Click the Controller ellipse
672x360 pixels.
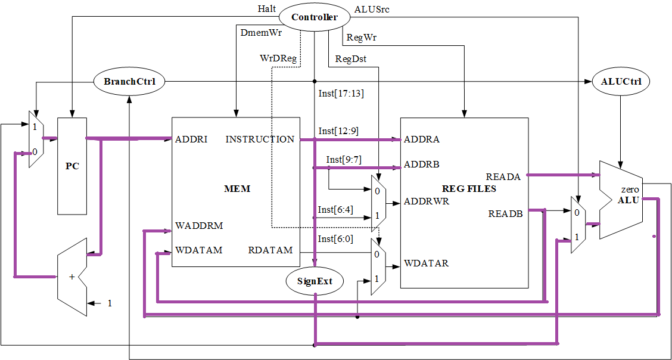[x=314, y=17]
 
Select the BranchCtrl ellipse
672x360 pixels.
[x=129, y=81]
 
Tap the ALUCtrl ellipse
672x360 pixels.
[x=621, y=82]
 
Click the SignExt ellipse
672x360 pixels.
[x=315, y=281]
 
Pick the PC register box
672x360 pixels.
[x=72, y=166]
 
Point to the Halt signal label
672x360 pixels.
[x=267, y=9]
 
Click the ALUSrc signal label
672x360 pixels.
[x=372, y=9]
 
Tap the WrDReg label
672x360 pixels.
[x=278, y=58]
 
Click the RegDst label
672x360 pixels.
[x=351, y=58]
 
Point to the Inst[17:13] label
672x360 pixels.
[x=341, y=93]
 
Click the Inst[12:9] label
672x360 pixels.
[x=338, y=131]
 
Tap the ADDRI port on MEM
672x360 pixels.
[x=191, y=139]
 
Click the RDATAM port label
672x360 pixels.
[x=270, y=250]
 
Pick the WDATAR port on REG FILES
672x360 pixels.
[x=426, y=263]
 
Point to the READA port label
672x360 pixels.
[x=503, y=176]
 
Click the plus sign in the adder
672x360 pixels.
[x=72, y=277]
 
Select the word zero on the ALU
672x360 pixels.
[x=629, y=190]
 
